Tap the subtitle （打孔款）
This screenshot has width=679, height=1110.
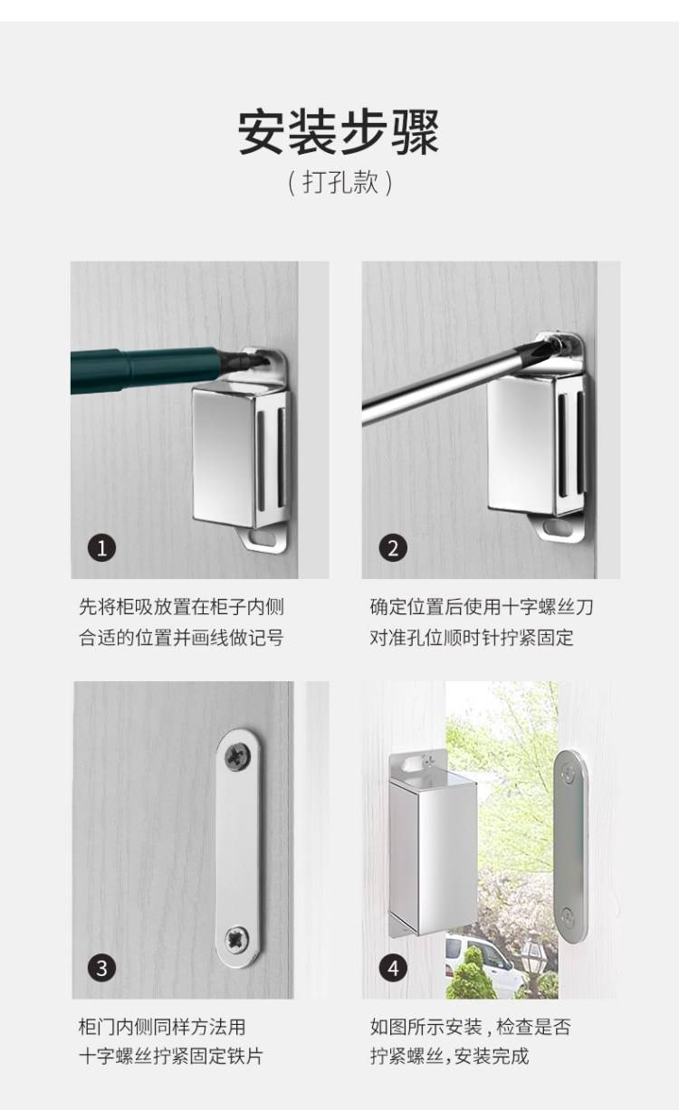coord(339,183)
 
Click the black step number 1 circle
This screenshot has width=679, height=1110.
coord(102,548)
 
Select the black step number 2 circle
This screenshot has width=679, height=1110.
coord(393,548)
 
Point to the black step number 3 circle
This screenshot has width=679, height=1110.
coord(101,968)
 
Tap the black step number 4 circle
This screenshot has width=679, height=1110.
coord(393,968)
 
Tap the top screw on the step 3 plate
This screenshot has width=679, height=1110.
coord(238,757)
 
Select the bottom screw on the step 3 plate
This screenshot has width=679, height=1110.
coord(237,938)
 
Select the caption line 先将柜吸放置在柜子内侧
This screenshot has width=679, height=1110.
coord(182,606)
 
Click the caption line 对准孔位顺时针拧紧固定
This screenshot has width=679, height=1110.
coord(472,637)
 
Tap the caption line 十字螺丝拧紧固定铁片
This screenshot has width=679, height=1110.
coord(171,1056)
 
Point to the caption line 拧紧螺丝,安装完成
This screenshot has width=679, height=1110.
coord(449,1056)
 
